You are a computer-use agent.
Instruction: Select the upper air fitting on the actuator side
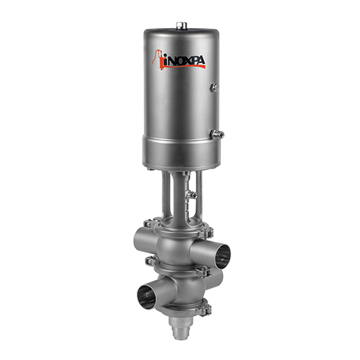[214, 88]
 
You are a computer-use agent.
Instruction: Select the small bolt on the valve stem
[191, 194]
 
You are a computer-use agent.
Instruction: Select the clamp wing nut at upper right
[209, 232]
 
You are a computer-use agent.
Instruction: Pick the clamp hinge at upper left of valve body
[150, 224]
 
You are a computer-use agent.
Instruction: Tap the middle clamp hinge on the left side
[150, 262]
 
